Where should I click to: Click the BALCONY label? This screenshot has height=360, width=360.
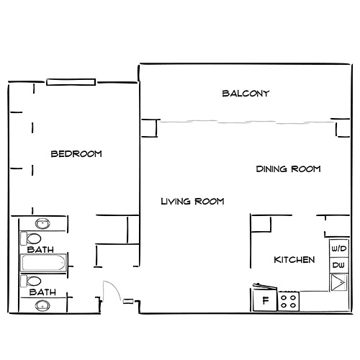coord(246,94)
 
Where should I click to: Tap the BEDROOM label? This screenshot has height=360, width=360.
coord(76,153)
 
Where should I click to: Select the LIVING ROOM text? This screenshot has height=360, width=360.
coord(192,202)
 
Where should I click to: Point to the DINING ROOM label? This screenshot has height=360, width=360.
coord(288,169)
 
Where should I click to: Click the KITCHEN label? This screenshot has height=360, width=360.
coord(294,259)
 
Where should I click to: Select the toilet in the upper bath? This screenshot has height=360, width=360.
coord(32,238)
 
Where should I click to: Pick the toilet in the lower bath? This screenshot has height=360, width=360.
coord(32,280)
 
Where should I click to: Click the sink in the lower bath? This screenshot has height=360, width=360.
coord(42,305)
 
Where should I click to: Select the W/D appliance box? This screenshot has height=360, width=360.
coord(337,248)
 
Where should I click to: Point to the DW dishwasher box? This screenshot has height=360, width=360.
coord(337,266)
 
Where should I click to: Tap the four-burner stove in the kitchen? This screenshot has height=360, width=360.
coord(289,300)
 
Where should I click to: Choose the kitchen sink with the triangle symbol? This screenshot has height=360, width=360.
coord(337,282)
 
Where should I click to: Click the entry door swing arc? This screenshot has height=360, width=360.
coord(110,291)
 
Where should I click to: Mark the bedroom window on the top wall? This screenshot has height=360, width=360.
coord(70,82)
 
